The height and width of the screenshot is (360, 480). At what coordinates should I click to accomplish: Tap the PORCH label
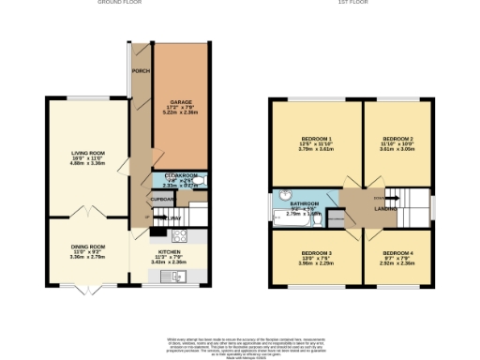pos(141,71)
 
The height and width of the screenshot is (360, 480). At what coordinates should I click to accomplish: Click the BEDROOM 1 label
pos(316,138)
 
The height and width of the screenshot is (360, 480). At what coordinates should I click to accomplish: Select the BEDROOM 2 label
pos(397,138)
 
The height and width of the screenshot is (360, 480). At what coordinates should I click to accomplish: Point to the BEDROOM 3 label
pos(316,253)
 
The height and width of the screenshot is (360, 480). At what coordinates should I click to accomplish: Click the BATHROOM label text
pos(305,202)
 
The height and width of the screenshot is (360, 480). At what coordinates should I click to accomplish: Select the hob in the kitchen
pos(177,235)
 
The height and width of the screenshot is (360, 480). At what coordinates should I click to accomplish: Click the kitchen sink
pos(178,273)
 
